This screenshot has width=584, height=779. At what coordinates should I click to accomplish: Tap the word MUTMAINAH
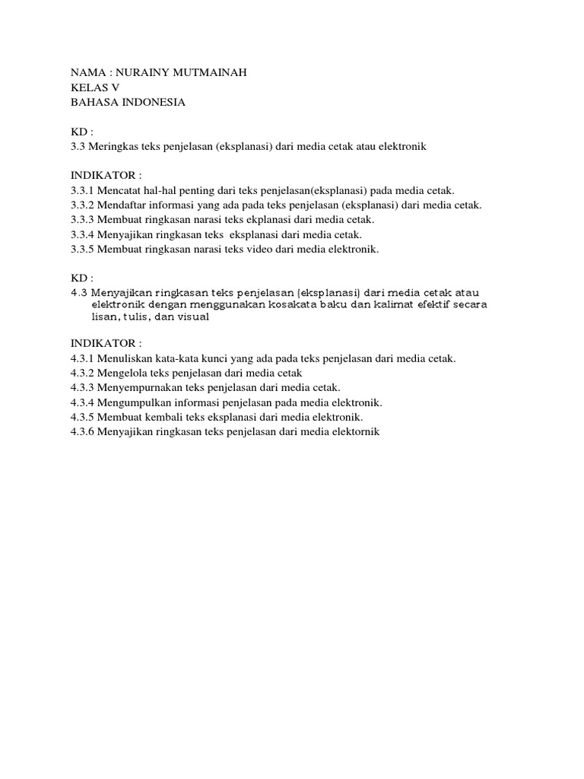point(211,73)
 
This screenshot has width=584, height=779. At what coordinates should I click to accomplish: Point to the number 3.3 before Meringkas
point(78,146)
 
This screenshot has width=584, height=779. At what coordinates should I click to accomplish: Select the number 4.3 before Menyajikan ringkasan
point(79,293)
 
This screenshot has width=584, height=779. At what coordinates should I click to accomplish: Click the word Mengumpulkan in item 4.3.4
point(131,402)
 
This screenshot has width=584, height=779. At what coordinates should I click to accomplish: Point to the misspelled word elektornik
point(355,432)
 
